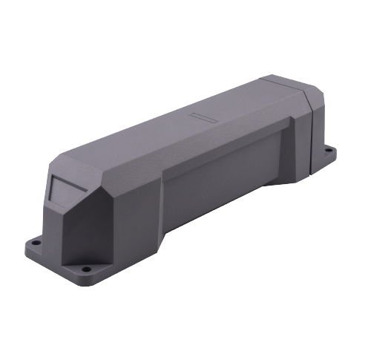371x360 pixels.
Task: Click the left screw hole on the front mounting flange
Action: (x=35, y=242)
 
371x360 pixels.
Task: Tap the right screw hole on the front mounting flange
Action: (x=86, y=268)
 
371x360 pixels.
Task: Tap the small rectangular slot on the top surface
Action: (x=201, y=117)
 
